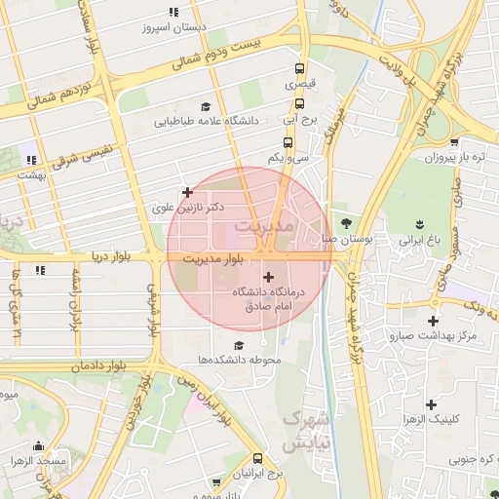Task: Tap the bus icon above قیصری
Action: pos(299,69)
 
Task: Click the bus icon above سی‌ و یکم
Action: pos(286,141)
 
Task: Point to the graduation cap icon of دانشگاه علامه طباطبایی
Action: pos(205,106)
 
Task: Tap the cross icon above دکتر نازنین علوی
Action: pos(187,192)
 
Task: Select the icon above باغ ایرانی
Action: pos(421,223)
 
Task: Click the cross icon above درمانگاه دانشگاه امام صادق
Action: pos(269,277)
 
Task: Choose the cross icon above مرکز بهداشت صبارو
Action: pos(433,321)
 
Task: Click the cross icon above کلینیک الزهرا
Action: pos(430,403)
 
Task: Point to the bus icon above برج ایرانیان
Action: pos(257,458)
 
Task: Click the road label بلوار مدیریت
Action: pos(209,258)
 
